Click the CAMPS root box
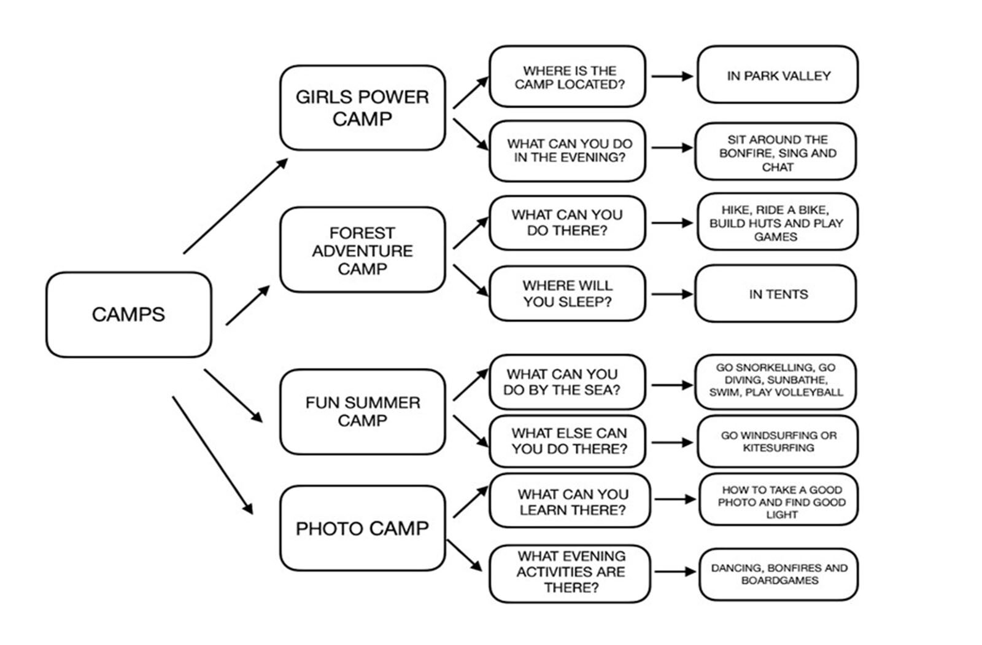coord(128,315)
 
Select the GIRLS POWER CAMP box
coord(362,108)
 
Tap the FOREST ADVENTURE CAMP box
coord(362,251)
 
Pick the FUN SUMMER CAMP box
coord(362,412)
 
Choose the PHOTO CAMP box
coord(362,528)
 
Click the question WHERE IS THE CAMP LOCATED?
coord(568,77)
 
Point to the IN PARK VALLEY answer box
coord(778,76)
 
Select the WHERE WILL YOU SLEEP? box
coord(567,294)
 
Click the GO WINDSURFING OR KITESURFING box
coord(778,442)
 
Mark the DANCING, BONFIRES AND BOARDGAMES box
coord(778,574)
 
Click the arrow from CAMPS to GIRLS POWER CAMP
coord(235,205)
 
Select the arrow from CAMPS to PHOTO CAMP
coord(212,455)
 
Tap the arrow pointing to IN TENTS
coord(671,294)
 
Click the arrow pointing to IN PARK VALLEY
coord(671,76)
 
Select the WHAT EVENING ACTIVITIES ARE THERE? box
coord(570,572)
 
